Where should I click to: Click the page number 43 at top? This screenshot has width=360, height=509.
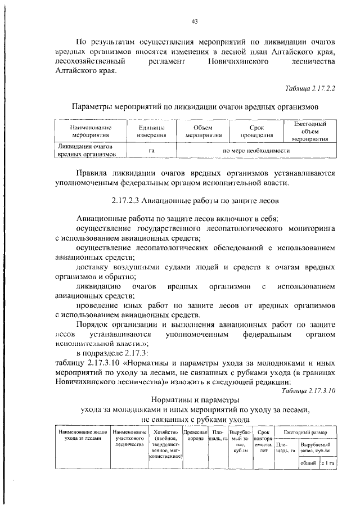[x=195, y=21]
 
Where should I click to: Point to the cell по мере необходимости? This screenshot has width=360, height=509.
[x=256, y=151]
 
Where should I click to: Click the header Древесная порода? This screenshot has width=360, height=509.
[x=195, y=435]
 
